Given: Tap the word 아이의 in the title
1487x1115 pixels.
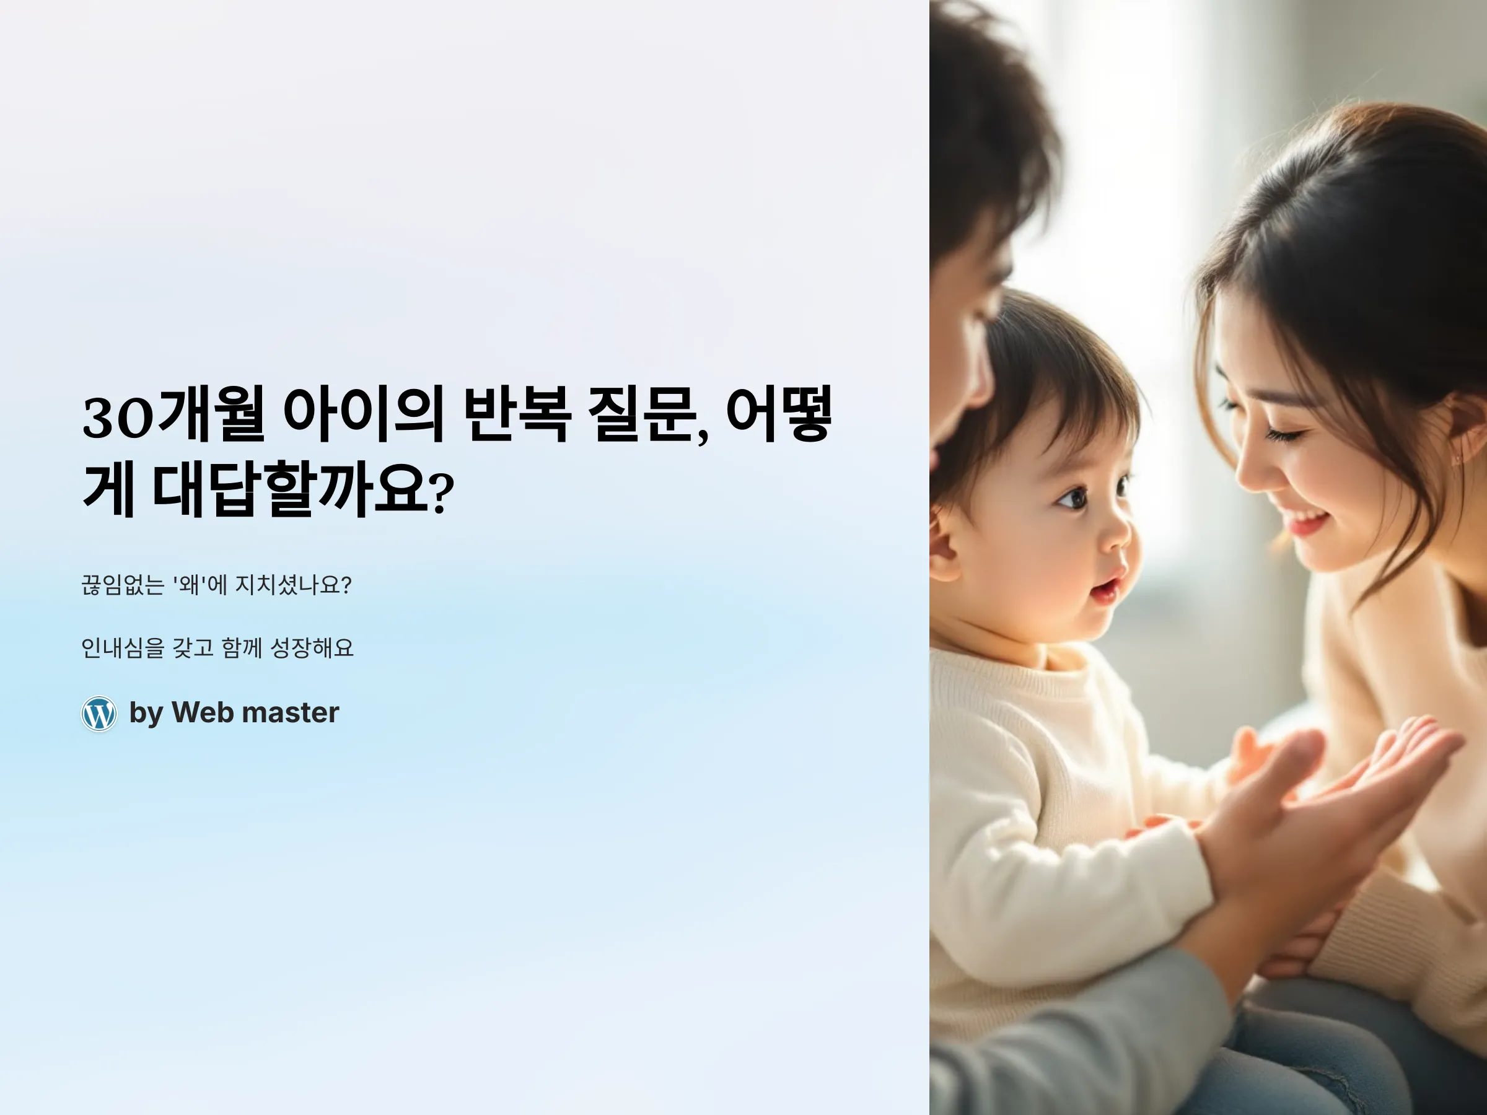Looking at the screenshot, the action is [x=363, y=414].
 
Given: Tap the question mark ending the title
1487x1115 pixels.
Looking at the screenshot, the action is [x=441, y=493].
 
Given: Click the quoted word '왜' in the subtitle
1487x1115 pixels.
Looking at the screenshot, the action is [x=189, y=585].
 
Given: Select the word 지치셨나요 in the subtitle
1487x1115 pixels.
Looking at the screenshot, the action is [x=293, y=585].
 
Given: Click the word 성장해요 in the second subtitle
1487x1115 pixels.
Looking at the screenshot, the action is [x=311, y=648].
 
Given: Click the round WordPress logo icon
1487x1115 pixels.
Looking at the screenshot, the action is [x=99, y=713].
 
